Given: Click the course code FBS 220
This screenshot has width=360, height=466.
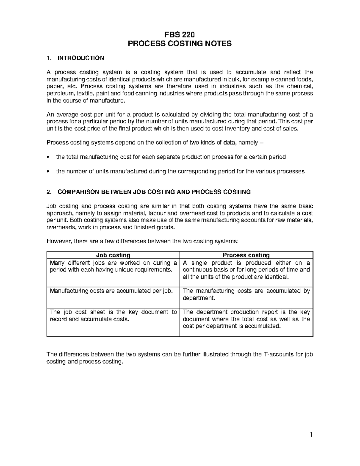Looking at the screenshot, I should pos(180,35).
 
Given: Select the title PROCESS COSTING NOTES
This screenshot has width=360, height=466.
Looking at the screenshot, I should pos(180,44).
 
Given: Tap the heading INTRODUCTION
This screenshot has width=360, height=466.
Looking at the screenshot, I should pos(81,58).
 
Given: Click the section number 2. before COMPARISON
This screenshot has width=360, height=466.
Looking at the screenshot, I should pos(49,192).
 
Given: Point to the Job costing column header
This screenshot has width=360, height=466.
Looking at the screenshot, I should pos(113,255).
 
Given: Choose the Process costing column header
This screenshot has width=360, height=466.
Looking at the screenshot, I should pos(246,255).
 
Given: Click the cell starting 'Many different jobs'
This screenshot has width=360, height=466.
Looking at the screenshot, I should pos(113,266).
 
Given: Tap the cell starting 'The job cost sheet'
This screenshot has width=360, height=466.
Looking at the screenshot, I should pos(113,315).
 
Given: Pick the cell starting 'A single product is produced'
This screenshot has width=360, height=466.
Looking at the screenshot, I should pos(246,270).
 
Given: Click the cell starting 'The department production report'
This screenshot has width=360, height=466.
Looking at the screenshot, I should pos(246,319).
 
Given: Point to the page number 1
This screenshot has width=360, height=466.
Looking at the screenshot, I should pos(311,435).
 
